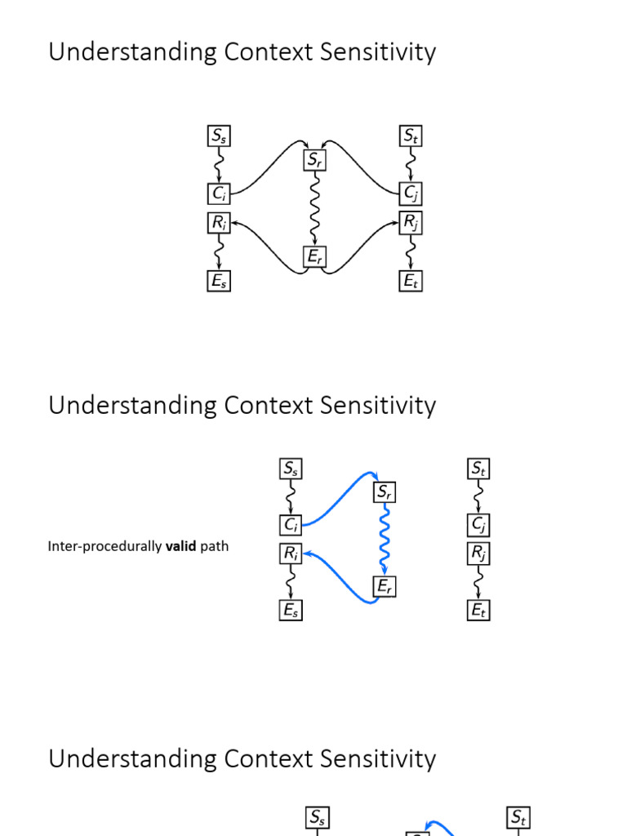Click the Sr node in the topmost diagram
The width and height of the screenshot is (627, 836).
pyautogui.click(x=314, y=160)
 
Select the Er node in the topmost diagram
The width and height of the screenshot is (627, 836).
pyautogui.click(x=314, y=257)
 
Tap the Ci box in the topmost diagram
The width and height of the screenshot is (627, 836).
pyautogui.click(x=219, y=193)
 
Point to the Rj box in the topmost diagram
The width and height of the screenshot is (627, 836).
pyautogui.click(x=411, y=221)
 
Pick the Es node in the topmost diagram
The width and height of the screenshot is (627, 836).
pyautogui.click(x=219, y=282)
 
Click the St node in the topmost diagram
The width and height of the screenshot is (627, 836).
pyautogui.click(x=411, y=136)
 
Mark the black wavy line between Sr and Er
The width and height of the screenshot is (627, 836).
pyautogui.click(x=314, y=208)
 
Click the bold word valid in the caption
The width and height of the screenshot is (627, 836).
pyautogui.click(x=181, y=546)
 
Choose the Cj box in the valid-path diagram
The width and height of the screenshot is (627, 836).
pyautogui.click(x=479, y=524)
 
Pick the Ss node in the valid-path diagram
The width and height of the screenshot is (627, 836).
pyautogui.click(x=291, y=469)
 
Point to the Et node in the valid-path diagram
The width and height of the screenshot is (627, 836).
pyautogui.click(x=479, y=610)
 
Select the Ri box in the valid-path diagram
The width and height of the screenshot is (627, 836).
pyautogui.click(x=291, y=554)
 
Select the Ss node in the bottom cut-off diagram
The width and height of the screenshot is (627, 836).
pyautogui.click(x=318, y=817)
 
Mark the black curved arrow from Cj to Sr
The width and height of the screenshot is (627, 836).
pyautogui.click(x=363, y=159)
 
